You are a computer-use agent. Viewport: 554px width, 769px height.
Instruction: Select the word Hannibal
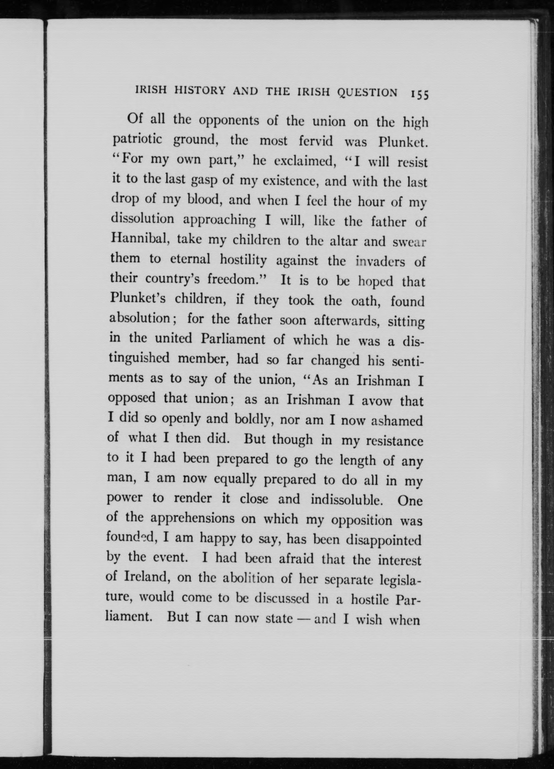[138, 239]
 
